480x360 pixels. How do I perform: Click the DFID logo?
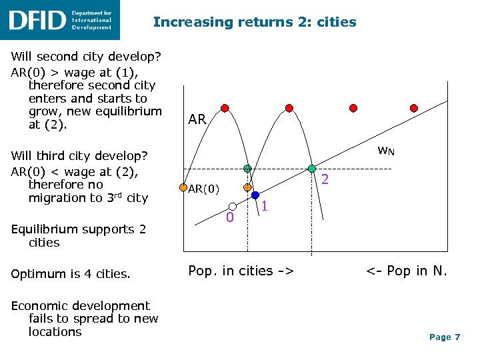coord(60,19)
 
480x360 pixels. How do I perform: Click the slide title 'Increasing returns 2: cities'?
coord(255,22)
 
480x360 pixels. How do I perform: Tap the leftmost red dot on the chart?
coord(225,107)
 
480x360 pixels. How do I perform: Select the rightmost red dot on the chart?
coord(413,107)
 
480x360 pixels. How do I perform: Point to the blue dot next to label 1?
coord(256,196)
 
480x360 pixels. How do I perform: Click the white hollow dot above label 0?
coord(232,206)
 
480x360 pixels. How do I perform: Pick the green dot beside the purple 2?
coord(311,169)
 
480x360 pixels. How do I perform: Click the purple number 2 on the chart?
coord(325,179)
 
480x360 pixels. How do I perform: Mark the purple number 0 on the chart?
coord(229,218)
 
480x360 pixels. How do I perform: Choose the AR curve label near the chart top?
coord(197,119)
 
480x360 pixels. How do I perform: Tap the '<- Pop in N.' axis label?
coord(406,271)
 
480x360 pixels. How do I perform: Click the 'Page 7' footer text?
coord(445,337)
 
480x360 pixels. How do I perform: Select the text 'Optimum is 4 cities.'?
coord(71,273)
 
